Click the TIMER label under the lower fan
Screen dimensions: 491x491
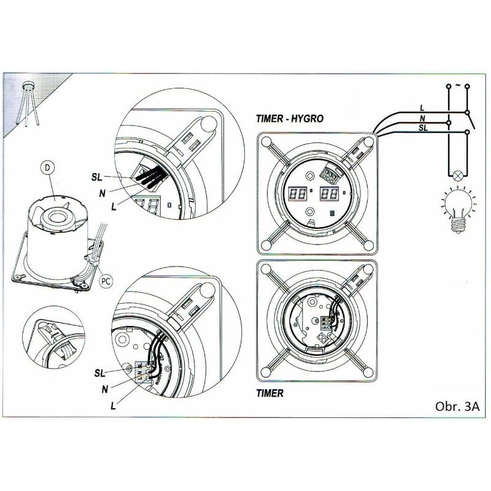point(271,393)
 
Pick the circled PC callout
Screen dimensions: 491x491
point(105,282)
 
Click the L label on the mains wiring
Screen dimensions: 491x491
point(421,107)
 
